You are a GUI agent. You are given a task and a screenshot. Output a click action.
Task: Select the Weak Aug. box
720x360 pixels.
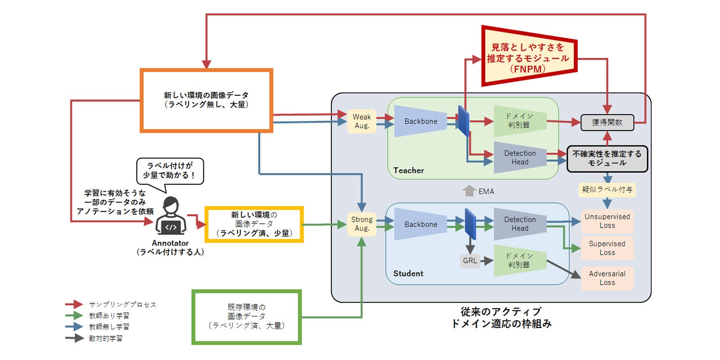pyautogui.click(x=361, y=121)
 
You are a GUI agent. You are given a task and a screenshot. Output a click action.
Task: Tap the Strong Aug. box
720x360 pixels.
pyautogui.click(x=361, y=224)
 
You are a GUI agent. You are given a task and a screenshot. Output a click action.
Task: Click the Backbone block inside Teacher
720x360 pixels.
pyautogui.click(x=420, y=121)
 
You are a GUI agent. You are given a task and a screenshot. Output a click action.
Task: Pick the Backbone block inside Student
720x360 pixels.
pyautogui.click(x=420, y=224)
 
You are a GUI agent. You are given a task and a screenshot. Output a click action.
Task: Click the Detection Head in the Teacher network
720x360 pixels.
pyautogui.click(x=520, y=157)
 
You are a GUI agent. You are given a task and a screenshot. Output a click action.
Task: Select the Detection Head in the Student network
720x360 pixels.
pyautogui.click(x=520, y=224)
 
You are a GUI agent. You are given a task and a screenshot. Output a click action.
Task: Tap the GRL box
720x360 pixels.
pyautogui.click(x=470, y=261)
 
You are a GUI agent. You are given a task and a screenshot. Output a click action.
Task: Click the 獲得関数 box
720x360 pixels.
pyautogui.click(x=607, y=122)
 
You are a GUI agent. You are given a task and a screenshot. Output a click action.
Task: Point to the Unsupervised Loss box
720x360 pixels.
pyautogui.click(x=607, y=221)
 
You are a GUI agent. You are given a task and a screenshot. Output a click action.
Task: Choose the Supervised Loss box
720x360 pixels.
pyautogui.click(x=607, y=248)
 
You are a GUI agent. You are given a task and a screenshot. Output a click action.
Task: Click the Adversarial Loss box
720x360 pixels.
pyautogui.click(x=607, y=278)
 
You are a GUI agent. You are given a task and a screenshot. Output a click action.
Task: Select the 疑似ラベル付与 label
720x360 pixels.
pyautogui.click(x=607, y=189)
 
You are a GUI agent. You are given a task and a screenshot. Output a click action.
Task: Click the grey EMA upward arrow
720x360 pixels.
pyautogui.click(x=469, y=191)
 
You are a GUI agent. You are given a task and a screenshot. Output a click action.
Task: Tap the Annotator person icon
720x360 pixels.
pyautogui.click(x=171, y=216)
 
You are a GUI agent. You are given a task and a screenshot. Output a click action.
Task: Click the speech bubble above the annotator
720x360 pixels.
pyautogui.click(x=170, y=171)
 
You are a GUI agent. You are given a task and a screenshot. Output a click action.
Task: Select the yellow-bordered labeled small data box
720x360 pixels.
pyautogui.click(x=254, y=224)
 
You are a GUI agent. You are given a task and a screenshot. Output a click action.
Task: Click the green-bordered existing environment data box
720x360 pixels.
pyautogui.click(x=247, y=317)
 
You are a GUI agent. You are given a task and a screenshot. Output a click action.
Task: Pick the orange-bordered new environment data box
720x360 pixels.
pyautogui.click(x=206, y=100)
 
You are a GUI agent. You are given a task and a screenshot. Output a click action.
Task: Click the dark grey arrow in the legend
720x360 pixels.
pyautogui.click(x=74, y=338)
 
